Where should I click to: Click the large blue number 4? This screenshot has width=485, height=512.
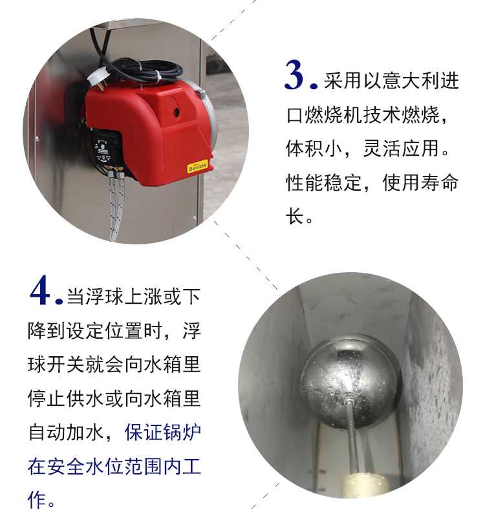click(40, 290)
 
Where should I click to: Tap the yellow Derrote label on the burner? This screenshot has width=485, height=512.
click(198, 166)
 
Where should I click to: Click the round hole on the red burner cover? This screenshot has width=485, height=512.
click(177, 112)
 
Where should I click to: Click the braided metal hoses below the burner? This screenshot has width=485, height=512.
click(115, 206)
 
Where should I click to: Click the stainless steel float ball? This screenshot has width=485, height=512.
click(349, 380)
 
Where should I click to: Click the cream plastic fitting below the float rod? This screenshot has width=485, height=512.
click(364, 485)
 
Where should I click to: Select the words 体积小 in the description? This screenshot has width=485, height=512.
click(314, 148)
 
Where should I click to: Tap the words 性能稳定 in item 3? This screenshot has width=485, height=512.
click(324, 182)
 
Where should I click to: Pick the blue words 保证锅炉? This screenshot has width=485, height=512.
click(163, 432)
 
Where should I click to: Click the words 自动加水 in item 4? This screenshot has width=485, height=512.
click(67, 432)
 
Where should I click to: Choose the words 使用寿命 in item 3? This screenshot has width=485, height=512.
click(420, 182)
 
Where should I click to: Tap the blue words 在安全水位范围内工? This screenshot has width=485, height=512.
click(114, 467)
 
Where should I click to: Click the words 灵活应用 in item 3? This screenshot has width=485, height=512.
click(401, 148)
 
